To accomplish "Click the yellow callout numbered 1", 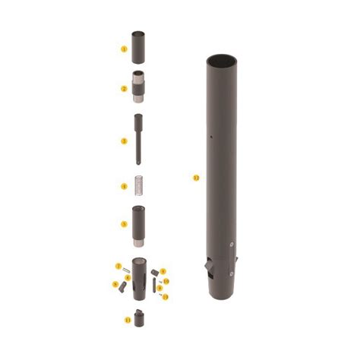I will click(x=124, y=49).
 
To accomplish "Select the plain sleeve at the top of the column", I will click(x=140, y=46).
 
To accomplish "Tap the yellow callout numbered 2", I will click(x=124, y=89).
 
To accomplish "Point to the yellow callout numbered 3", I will click(x=124, y=141).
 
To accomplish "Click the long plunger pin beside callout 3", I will click(x=139, y=139).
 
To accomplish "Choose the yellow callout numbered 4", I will click(x=124, y=186).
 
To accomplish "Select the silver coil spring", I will click(x=139, y=185).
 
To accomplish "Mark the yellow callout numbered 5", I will click(x=124, y=224).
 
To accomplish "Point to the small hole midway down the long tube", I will click(x=210, y=137).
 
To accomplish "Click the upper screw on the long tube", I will click(x=230, y=244).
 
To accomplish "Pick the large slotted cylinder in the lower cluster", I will click(x=140, y=273).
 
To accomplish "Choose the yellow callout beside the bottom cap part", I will click(x=127, y=321).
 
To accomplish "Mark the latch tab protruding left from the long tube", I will click(x=205, y=268).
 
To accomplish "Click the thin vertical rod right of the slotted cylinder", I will click(x=155, y=286).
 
